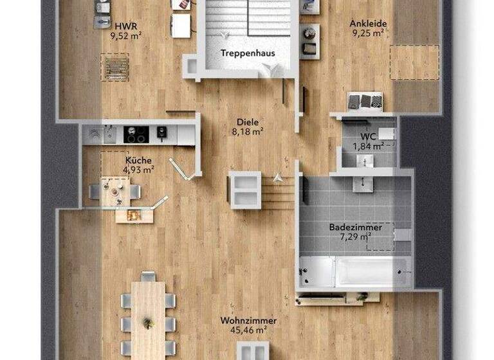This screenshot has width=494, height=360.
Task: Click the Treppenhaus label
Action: [247, 53]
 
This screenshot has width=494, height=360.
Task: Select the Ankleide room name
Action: [368, 24]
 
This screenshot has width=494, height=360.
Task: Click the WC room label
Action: [368, 137]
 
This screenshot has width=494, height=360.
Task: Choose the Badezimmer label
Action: [356, 228]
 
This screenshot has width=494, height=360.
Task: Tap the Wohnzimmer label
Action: [248, 321]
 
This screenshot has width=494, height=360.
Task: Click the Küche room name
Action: [139, 161]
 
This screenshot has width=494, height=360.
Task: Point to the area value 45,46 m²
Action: [248, 330]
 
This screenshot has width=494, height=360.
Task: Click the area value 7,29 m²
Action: [356, 237]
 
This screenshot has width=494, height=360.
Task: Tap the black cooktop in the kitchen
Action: [136, 134]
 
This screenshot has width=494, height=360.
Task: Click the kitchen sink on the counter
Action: [96, 134]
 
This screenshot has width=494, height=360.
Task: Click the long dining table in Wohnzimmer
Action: [149, 318]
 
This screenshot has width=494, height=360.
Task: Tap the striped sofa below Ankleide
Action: [365, 100]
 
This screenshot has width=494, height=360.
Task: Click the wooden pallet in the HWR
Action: [115, 66]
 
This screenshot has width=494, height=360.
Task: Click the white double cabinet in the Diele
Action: [244, 190]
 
